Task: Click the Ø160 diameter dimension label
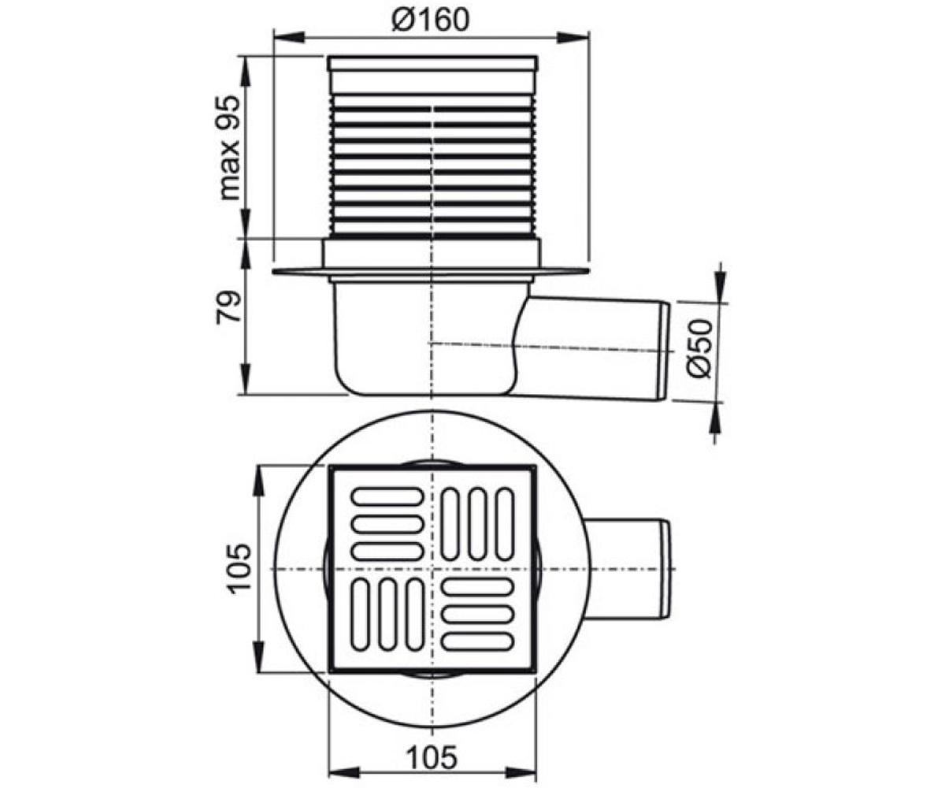[431, 20]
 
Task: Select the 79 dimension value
[229, 307]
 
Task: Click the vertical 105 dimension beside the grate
[239, 566]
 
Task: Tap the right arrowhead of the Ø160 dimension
[573, 37]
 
